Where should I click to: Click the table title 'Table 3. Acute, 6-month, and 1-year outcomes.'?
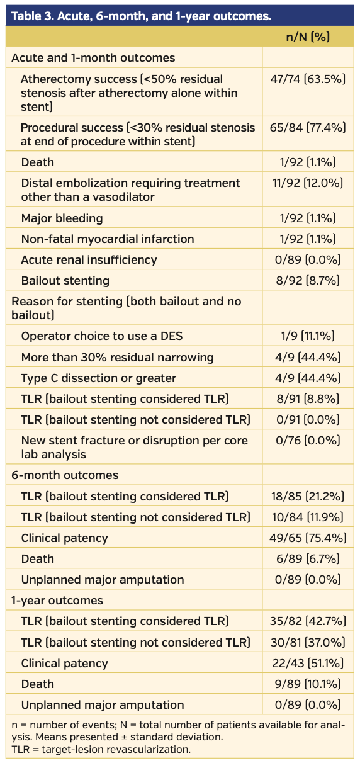141,16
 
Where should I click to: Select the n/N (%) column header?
308,37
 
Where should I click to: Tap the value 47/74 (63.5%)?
308,79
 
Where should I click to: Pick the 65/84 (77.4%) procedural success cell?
308,128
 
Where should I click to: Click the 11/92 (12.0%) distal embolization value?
308,183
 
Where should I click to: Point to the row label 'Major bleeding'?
62,218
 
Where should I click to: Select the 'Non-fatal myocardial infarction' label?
108,239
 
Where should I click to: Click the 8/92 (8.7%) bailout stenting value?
308,281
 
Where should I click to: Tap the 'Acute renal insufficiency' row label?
89,260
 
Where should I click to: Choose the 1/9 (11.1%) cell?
308,336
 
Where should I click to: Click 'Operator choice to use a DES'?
102,336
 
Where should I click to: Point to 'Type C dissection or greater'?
99,378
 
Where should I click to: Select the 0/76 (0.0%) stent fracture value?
308,441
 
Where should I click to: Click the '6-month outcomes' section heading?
65,475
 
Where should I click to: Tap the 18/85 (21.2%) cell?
308,497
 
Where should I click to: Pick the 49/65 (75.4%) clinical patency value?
308,538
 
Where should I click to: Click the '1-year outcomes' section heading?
57,601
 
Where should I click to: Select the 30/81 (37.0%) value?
308,642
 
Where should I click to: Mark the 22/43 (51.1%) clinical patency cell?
308,663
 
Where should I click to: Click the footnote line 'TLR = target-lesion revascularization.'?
101,750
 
